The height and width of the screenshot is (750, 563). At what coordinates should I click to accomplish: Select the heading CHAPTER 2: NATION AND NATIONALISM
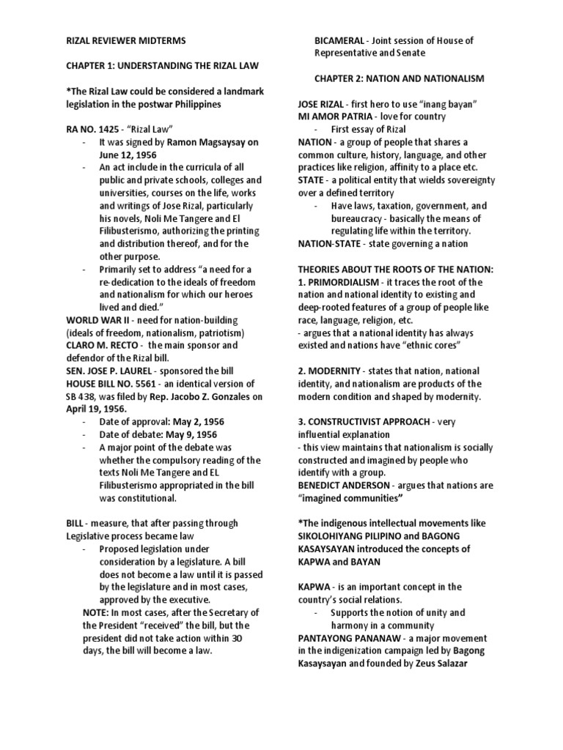click(399, 78)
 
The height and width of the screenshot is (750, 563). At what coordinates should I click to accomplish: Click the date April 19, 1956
click(96, 409)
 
